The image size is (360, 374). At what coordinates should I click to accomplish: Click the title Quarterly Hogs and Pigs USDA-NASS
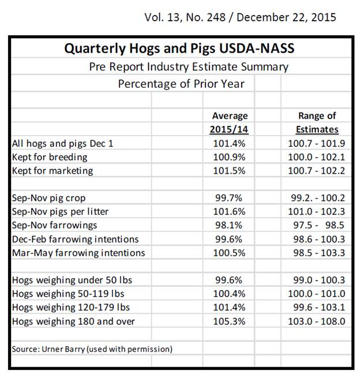(x=181, y=48)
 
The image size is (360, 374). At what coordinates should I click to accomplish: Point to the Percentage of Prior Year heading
(x=181, y=84)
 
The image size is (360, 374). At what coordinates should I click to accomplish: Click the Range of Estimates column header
(x=317, y=122)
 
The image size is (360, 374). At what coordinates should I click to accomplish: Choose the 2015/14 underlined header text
(x=229, y=129)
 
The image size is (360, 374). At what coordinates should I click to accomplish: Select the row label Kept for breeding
(x=50, y=157)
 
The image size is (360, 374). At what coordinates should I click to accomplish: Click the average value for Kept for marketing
(x=230, y=171)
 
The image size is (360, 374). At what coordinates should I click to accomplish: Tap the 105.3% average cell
(x=230, y=321)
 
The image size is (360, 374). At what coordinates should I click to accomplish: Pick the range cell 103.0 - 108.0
(x=317, y=321)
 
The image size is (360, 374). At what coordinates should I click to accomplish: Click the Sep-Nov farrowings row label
(x=55, y=225)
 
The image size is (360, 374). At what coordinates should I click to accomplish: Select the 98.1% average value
(x=230, y=225)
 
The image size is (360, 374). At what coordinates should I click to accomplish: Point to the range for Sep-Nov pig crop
(x=317, y=198)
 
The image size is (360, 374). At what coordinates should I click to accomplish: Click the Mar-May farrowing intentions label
(x=78, y=253)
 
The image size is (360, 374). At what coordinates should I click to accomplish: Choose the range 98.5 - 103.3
(x=317, y=253)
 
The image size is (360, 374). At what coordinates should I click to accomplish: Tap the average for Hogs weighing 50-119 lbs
(x=230, y=294)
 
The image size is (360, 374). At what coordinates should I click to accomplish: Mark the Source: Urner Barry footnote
(x=92, y=349)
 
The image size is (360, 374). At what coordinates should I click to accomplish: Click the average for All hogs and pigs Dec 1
(x=230, y=143)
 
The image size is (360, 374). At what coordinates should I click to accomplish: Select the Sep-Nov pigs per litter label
(x=60, y=212)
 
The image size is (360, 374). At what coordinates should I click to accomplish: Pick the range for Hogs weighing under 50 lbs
(x=317, y=280)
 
